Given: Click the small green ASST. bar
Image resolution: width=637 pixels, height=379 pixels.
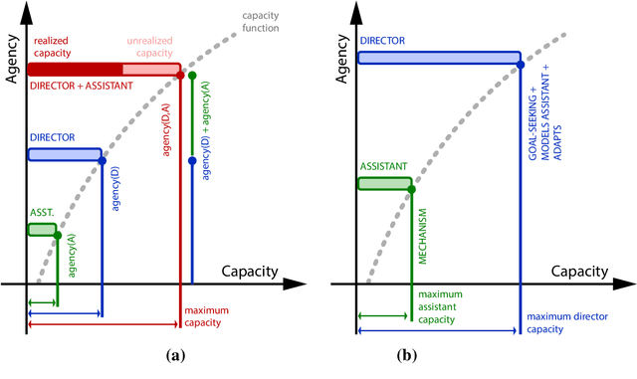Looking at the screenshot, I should [x=42, y=230].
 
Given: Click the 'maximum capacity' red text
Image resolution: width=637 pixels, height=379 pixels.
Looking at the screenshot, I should [x=208, y=316].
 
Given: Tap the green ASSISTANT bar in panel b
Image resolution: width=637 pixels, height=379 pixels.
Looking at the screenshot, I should [x=384, y=183].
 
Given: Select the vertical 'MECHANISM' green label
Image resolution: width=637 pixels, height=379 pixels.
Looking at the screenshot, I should [x=423, y=235].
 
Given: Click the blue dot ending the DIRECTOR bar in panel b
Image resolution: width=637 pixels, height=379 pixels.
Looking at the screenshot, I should [x=521, y=67].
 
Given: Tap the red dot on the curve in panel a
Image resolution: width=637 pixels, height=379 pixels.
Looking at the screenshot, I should [x=180, y=75].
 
